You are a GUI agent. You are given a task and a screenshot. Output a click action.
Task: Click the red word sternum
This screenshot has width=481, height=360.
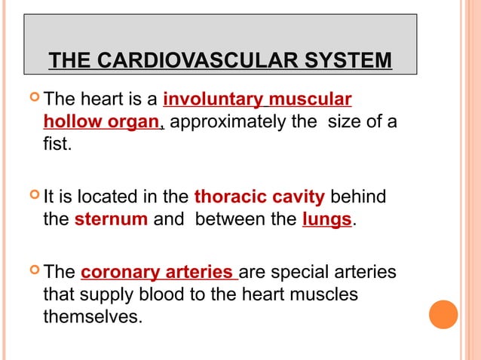coord(112,218)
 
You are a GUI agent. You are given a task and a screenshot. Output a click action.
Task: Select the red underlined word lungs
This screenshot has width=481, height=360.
coord(326,218)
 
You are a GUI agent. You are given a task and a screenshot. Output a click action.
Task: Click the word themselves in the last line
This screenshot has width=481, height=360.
coord(93,316)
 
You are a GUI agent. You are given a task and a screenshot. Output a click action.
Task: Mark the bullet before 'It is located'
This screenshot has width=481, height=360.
coord(32,197)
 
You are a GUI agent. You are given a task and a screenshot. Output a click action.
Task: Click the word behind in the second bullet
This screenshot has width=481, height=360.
coord(358,197)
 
